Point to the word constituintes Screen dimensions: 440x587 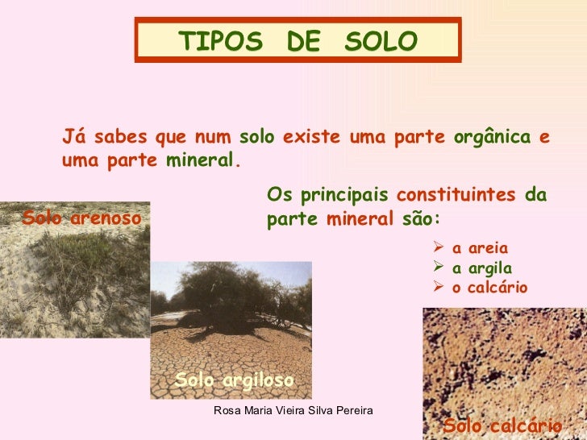[x=456, y=196]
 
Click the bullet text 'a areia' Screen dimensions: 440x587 [x=481, y=248]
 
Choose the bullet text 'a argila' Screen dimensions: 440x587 [x=482, y=268]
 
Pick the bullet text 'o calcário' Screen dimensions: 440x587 [x=490, y=288]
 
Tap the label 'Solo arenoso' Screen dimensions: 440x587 [x=81, y=218]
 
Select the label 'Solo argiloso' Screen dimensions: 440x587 [x=235, y=379]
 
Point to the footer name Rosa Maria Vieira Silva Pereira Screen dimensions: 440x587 [x=293, y=411]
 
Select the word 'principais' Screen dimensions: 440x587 [x=344, y=196]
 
